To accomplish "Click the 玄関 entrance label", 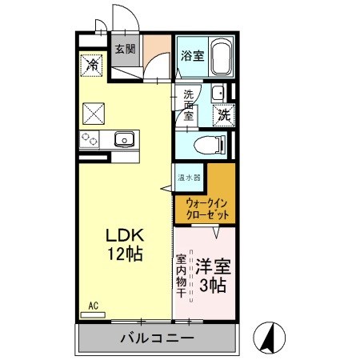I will click(x=125, y=49).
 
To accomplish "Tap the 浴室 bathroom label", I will click(x=191, y=56).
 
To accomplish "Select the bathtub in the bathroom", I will click(x=219, y=57).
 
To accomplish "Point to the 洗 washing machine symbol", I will click(x=225, y=114).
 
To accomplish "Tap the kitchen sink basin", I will click(x=125, y=140).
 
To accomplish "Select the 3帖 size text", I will click(x=212, y=285).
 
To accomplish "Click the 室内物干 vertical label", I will click(x=182, y=276).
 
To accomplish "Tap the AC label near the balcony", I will click(x=93, y=306).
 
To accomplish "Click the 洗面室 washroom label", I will click(x=189, y=106).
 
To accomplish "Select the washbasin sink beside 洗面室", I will click(x=218, y=92).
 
